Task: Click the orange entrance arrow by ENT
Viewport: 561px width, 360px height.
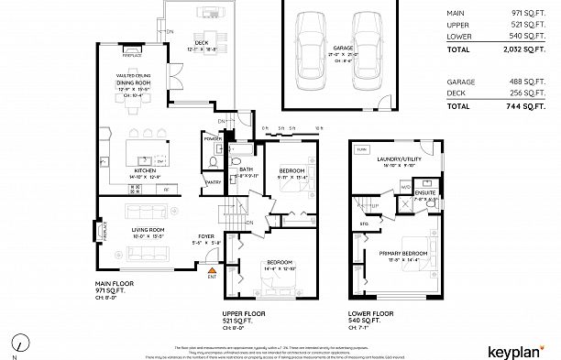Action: (212, 271)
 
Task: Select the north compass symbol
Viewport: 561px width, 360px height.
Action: (17, 345)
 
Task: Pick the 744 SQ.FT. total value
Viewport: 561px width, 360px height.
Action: (531, 106)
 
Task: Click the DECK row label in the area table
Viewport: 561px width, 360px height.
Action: (455, 93)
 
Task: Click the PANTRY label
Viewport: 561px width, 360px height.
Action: (213, 182)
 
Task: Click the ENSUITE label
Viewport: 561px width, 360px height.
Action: (424, 194)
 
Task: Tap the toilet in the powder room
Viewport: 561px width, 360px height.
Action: (212, 161)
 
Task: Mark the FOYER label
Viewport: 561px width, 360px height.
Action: (206, 237)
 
